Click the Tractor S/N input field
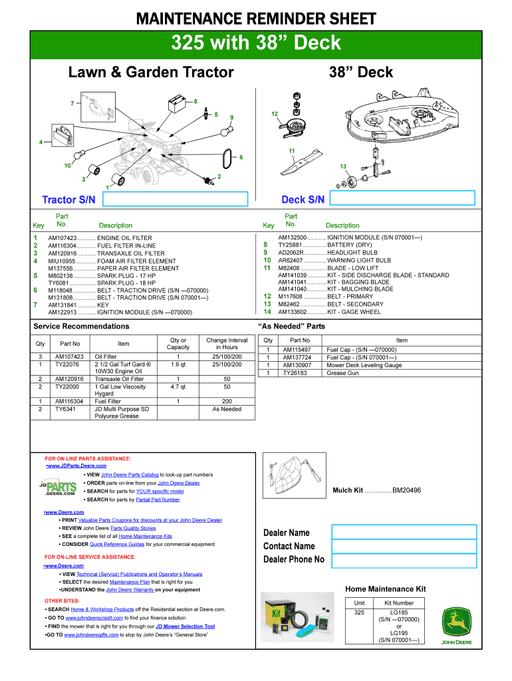(x=174, y=199)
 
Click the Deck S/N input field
(x=402, y=198)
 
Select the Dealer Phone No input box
(x=404, y=560)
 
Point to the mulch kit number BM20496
(x=406, y=491)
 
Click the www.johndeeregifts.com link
(x=91, y=635)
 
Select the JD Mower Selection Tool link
(x=185, y=626)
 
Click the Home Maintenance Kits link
(x=145, y=536)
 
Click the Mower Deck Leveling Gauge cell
(x=364, y=365)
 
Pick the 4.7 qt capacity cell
(x=178, y=386)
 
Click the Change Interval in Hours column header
(x=226, y=344)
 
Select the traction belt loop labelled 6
(x=227, y=156)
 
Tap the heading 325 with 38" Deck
(x=256, y=43)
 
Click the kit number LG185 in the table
(x=399, y=612)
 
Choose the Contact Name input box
(x=404, y=546)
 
